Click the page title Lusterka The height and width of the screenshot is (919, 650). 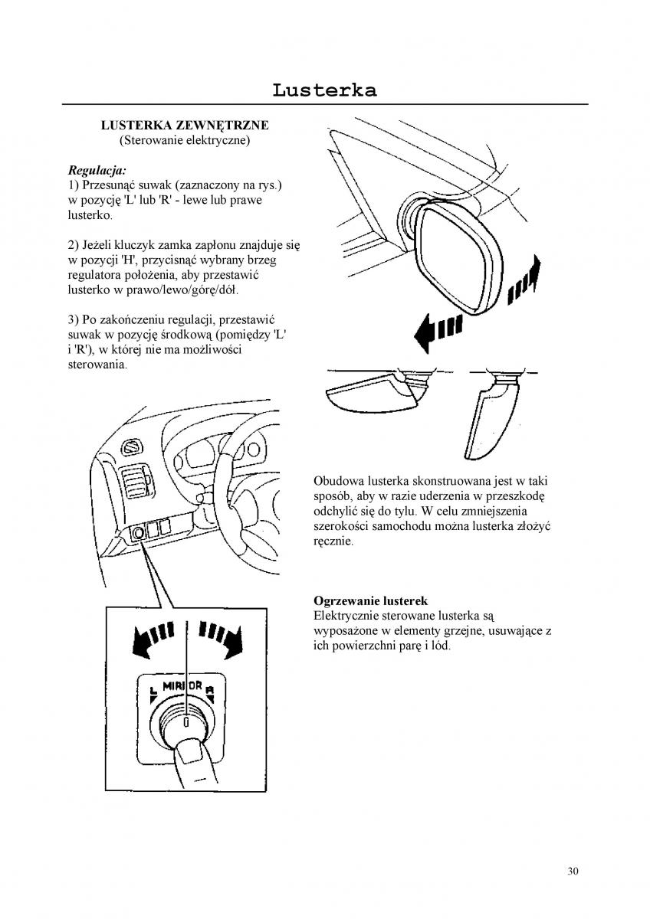pos(324,90)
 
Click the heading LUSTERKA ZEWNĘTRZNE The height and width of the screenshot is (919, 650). pos(185,125)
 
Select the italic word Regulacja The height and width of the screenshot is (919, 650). pos(97,169)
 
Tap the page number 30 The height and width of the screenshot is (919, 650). pos(573,870)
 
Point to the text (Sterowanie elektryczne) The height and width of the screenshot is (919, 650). pos(185,141)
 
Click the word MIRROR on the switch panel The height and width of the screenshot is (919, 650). pos(182,685)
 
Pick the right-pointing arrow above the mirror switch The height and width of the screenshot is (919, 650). pos(223,636)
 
